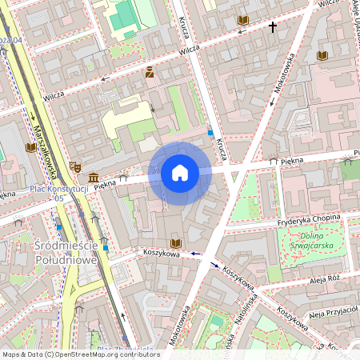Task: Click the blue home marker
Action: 180,173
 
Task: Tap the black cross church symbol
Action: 272,27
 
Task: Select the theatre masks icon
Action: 76,166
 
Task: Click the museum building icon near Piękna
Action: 94,177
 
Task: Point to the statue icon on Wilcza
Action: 150,74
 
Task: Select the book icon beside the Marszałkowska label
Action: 31,148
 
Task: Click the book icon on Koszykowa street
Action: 176,242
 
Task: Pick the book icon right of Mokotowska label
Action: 322,55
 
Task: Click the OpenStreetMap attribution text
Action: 80,354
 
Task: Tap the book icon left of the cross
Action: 243,19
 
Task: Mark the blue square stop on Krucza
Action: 210,132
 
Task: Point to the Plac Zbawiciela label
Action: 124,350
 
